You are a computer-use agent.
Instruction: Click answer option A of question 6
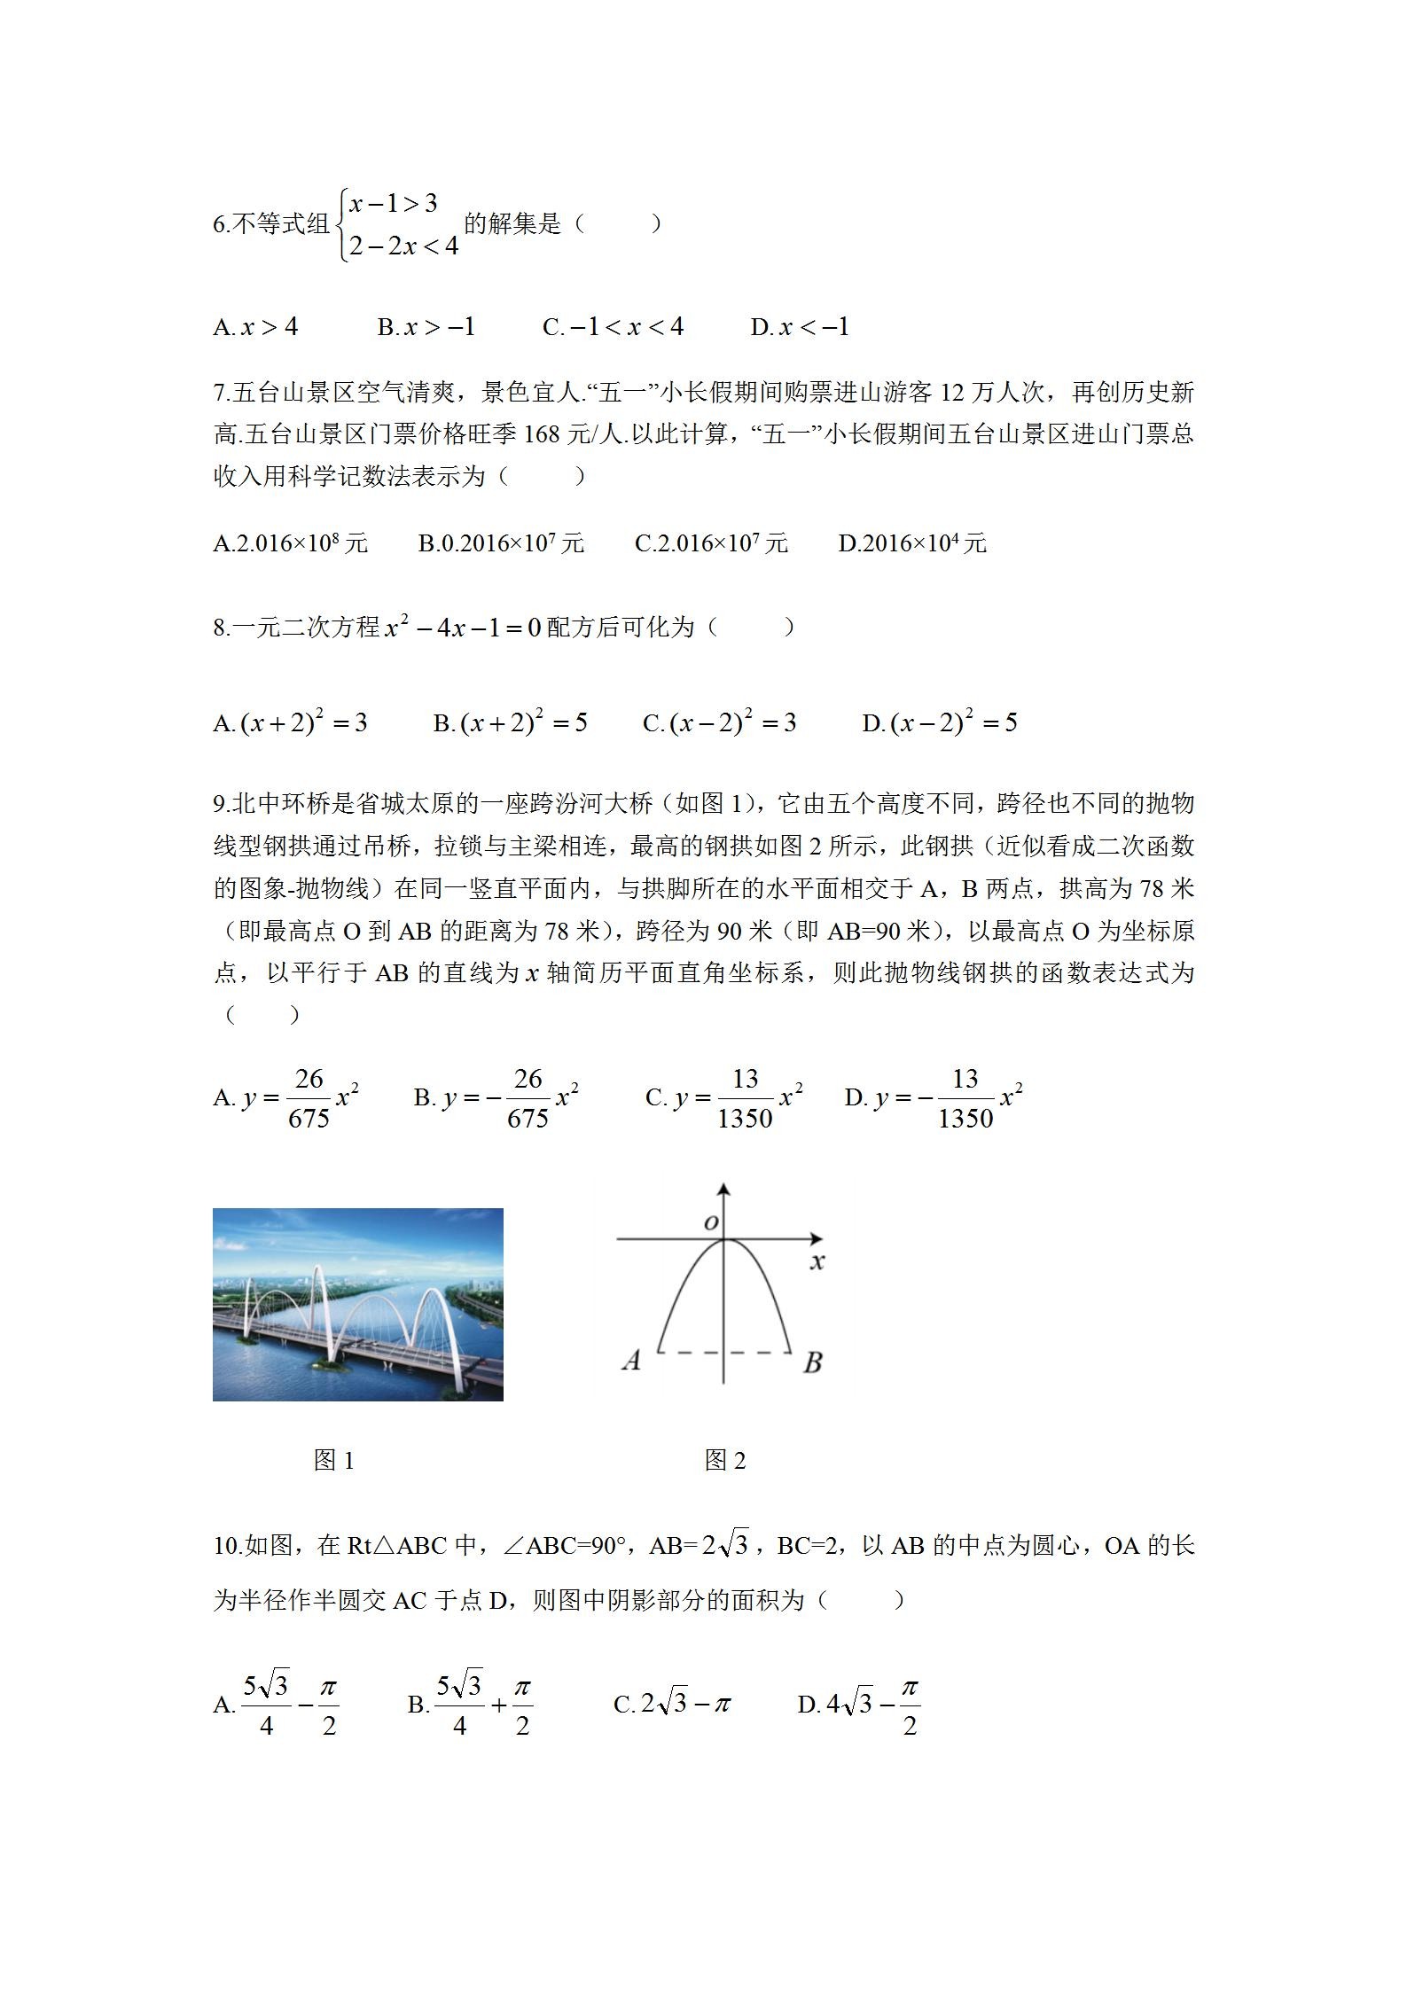tap(255, 327)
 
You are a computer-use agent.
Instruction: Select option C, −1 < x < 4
tap(613, 327)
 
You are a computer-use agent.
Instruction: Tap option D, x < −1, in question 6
tap(800, 327)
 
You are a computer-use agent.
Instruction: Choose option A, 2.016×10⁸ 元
tap(290, 542)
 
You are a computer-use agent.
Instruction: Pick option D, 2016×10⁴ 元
tap(912, 542)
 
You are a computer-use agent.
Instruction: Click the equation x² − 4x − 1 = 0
tap(463, 628)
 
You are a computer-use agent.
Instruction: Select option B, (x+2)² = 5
tap(510, 723)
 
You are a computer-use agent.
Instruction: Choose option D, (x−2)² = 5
tap(940, 723)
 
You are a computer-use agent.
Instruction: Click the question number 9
tap(221, 804)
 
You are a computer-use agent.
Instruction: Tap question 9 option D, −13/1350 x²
tap(934, 1098)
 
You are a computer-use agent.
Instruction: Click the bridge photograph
tap(357, 1304)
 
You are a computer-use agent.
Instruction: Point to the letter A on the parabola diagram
tap(631, 1360)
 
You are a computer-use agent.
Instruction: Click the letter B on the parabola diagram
tap(812, 1362)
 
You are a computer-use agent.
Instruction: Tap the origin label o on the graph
tap(710, 1223)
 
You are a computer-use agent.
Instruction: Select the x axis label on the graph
tap(817, 1260)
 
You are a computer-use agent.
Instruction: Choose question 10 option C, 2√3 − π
tap(672, 1704)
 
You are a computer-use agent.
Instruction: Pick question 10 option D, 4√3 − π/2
tap(858, 1704)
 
